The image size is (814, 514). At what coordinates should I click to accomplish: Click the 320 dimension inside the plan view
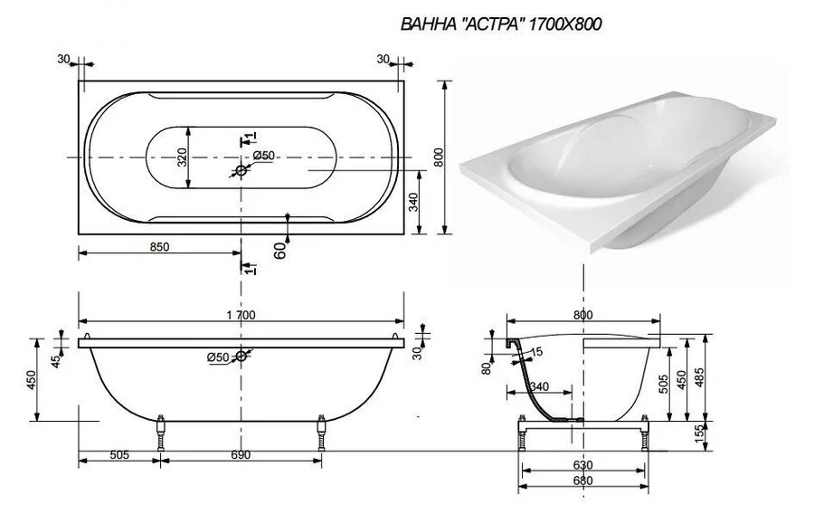181,157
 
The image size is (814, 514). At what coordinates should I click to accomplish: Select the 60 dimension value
279,251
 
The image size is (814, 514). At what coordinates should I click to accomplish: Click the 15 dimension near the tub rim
537,351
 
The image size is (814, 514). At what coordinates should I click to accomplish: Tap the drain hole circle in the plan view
241,171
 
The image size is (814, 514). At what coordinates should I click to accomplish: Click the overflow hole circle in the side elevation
241,356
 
